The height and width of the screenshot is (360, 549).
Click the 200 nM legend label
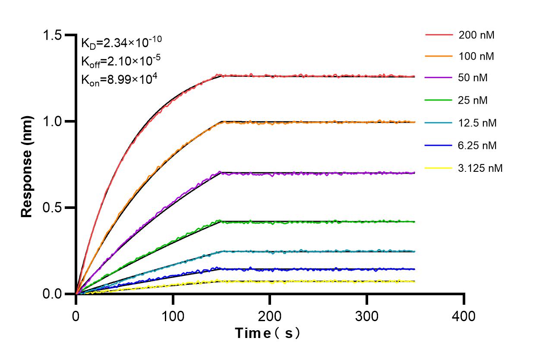click(x=476, y=35)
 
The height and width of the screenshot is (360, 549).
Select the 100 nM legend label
click(x=476, y=56)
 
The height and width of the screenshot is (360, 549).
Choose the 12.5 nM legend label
click(x=478, y=123)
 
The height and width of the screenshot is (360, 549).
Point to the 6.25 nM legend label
click(x=478, y=145)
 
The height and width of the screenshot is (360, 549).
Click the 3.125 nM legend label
click(x=480, y=168)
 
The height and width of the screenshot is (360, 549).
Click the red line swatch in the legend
click(x=439, y=35)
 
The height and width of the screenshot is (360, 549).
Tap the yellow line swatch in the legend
click(x=439, y=167)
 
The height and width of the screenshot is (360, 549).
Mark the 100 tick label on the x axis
click(x=173, y=316)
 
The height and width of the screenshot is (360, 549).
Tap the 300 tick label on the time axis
click(x=367, y=316)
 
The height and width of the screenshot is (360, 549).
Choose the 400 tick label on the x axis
click(x=464, y=316)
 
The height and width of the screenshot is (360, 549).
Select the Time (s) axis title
click(x=268, y=333)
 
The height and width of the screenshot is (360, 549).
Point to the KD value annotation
click(x=122, y=42)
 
